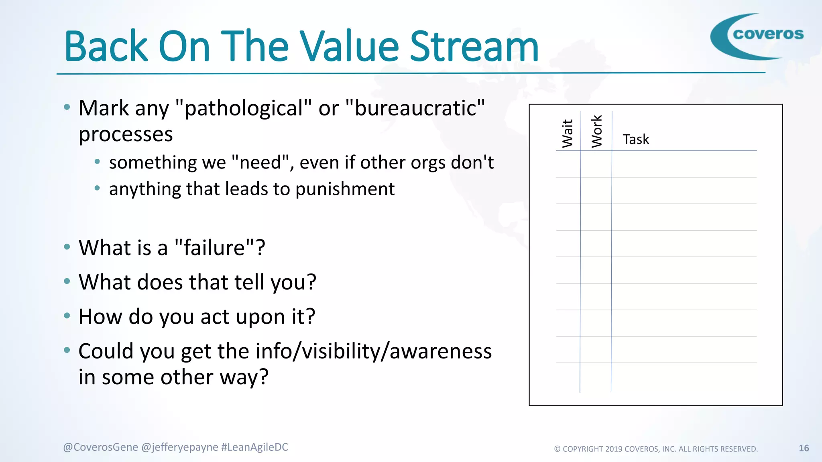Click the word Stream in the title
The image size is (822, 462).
tap(474, 47)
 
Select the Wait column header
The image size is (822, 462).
tap(568, 133)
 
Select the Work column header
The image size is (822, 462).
tap(597, 131)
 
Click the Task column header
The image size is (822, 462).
tap(636, 140)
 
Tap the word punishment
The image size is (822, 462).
tap(345, 189)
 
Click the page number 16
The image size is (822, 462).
tap(804, 448)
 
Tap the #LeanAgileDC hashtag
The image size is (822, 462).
tap(254, 447)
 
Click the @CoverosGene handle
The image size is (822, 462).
tap(100, 447)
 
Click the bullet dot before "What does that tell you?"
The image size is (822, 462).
tap(67, 281)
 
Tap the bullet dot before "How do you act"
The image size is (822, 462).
tap(67, 316)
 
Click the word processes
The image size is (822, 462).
tap(126, 134)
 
